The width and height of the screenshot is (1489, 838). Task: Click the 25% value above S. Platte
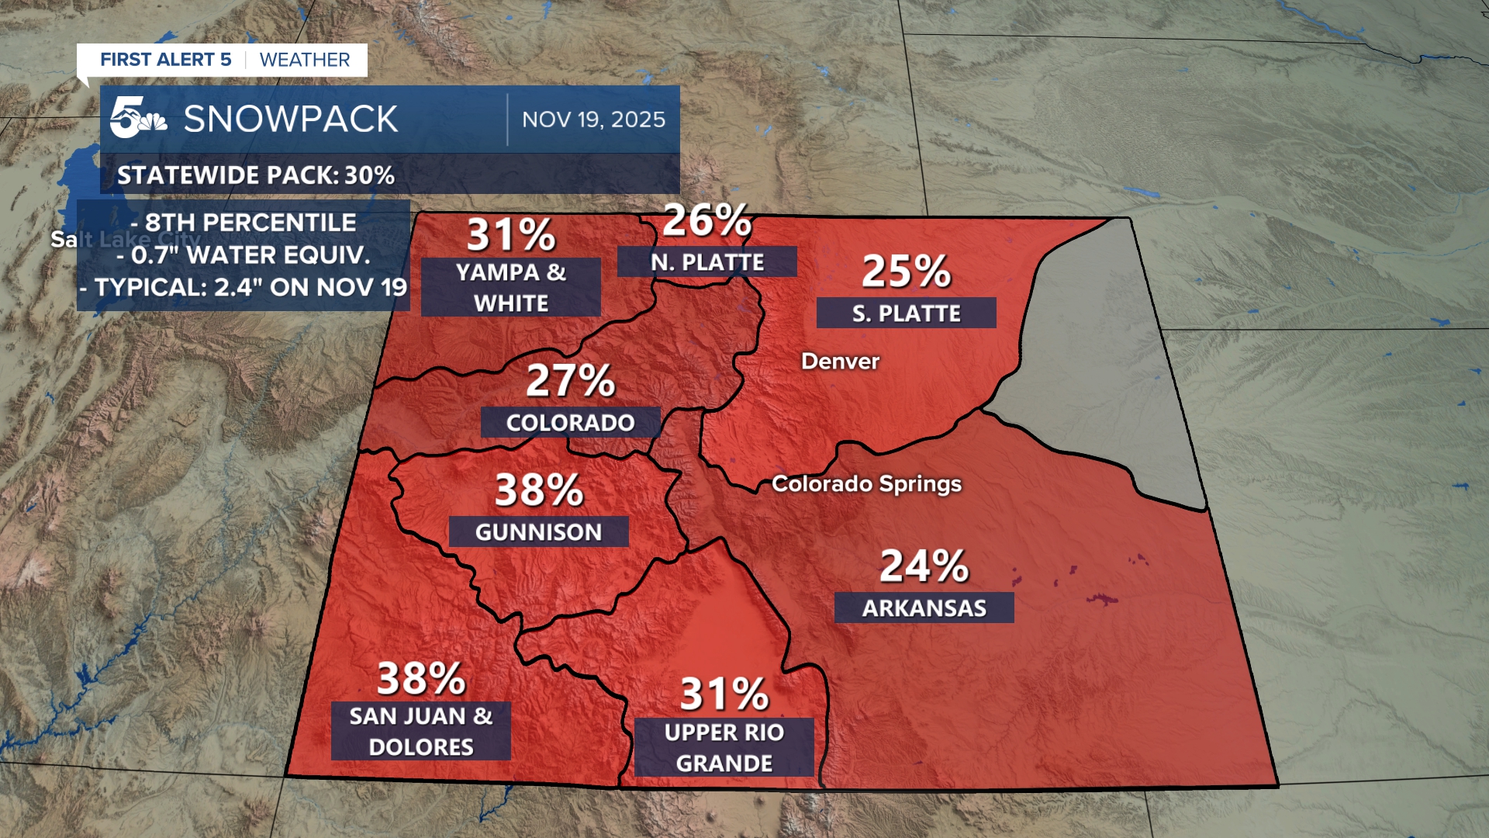click(906, 272)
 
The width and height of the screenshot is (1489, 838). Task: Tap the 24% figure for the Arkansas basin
click(924, 566)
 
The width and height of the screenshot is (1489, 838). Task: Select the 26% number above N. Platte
click(706, 220)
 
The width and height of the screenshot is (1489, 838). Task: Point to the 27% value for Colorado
click(570, 381)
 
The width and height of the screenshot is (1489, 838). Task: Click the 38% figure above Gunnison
click(539, 490)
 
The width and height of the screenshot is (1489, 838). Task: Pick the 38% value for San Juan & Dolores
click(421, 679)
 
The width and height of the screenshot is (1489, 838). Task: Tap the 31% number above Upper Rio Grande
click(724, 694)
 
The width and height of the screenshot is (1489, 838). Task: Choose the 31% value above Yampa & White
click(511, 235)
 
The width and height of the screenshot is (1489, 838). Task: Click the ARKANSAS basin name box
click(924, 608)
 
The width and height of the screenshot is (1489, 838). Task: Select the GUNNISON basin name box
click(538, 532)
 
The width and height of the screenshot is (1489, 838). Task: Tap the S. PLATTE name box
click(906, 313)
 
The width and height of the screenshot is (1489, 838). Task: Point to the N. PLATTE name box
click(706, 261)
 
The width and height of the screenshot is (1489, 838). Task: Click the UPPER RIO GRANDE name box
click(724, 747)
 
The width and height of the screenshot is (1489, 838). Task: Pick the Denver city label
click(840, 362)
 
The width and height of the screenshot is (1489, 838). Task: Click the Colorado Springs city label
click(866, 484)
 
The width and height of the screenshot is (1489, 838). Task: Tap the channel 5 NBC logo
click(137, 119)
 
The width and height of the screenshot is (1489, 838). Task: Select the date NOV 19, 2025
click(593, 119)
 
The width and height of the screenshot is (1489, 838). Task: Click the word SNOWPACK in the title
click(291, 119)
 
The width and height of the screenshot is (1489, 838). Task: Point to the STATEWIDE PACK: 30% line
click(256, 175)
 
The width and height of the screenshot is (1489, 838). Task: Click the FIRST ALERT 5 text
click(166, 60)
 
